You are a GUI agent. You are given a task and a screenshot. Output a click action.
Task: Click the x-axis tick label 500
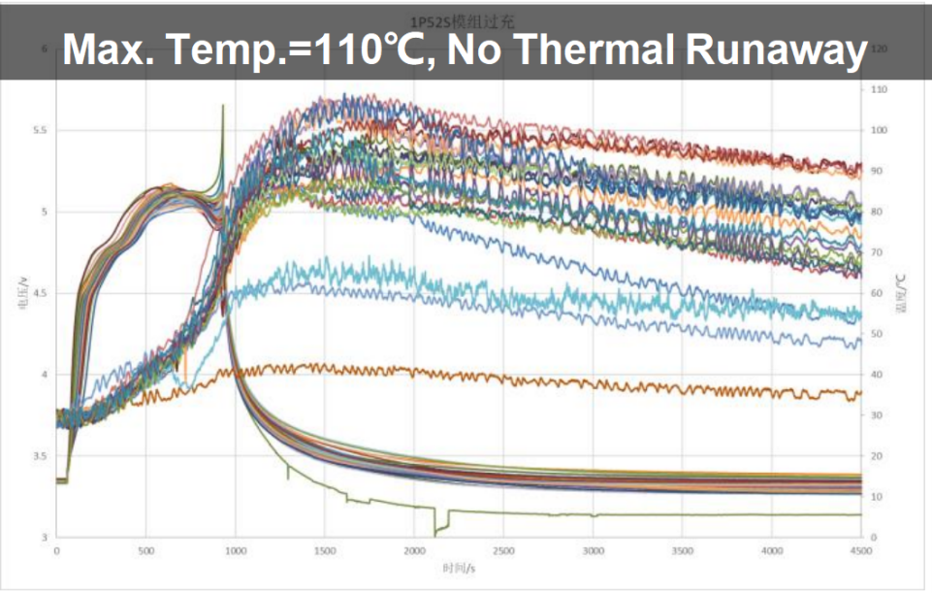click(146, 550)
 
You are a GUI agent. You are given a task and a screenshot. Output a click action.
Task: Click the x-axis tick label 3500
click(682, 550)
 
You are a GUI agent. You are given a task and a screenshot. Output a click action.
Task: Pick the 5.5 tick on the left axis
click(39, 130)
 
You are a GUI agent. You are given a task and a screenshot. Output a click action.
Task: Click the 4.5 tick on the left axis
click(39, 293)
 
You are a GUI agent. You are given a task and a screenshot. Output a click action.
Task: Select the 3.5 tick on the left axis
click(39, 456)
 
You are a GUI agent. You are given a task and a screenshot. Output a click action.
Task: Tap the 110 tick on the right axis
click(880, 89)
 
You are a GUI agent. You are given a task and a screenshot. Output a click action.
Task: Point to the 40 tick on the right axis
click(878, 375)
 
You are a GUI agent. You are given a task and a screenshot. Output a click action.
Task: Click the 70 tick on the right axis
click(878, 252)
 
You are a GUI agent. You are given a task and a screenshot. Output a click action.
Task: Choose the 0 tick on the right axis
click(875, 538)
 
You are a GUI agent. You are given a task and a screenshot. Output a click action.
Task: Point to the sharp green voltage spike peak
click(223, 106)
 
